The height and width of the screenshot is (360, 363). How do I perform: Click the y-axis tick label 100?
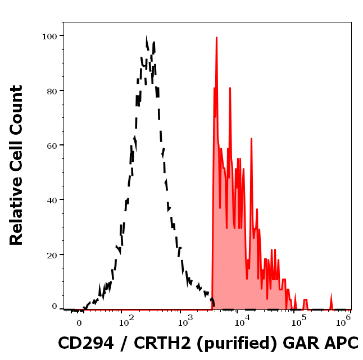(49, 36)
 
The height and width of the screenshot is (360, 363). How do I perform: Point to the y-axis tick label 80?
(52, 90)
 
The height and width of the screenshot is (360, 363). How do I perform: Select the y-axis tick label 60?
(52, 145)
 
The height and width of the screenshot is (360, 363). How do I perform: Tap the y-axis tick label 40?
(52, 200)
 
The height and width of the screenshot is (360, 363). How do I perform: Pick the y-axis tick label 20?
(52, 255)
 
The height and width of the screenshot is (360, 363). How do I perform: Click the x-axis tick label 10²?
(125, 322)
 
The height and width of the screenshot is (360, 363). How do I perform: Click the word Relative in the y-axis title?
(16, 216)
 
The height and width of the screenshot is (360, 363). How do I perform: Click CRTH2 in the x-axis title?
(162, 343)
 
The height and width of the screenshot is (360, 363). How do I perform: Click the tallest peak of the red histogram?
(216, 38)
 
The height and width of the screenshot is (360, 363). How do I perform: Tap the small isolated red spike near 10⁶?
(331, 298)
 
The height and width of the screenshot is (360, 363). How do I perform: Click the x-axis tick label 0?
(79, 322)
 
